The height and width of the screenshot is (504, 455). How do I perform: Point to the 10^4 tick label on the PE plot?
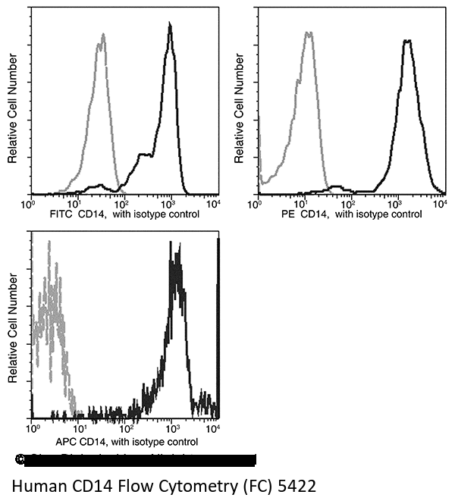(x=441, y=203)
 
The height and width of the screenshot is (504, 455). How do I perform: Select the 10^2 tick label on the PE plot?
(x=349, y=203)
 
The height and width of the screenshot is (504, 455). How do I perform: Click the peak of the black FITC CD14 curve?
(x=170, y=24)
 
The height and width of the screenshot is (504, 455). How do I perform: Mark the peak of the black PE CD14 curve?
(x=408, y=40)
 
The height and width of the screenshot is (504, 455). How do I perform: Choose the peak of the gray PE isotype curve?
(x=309, y=33)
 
